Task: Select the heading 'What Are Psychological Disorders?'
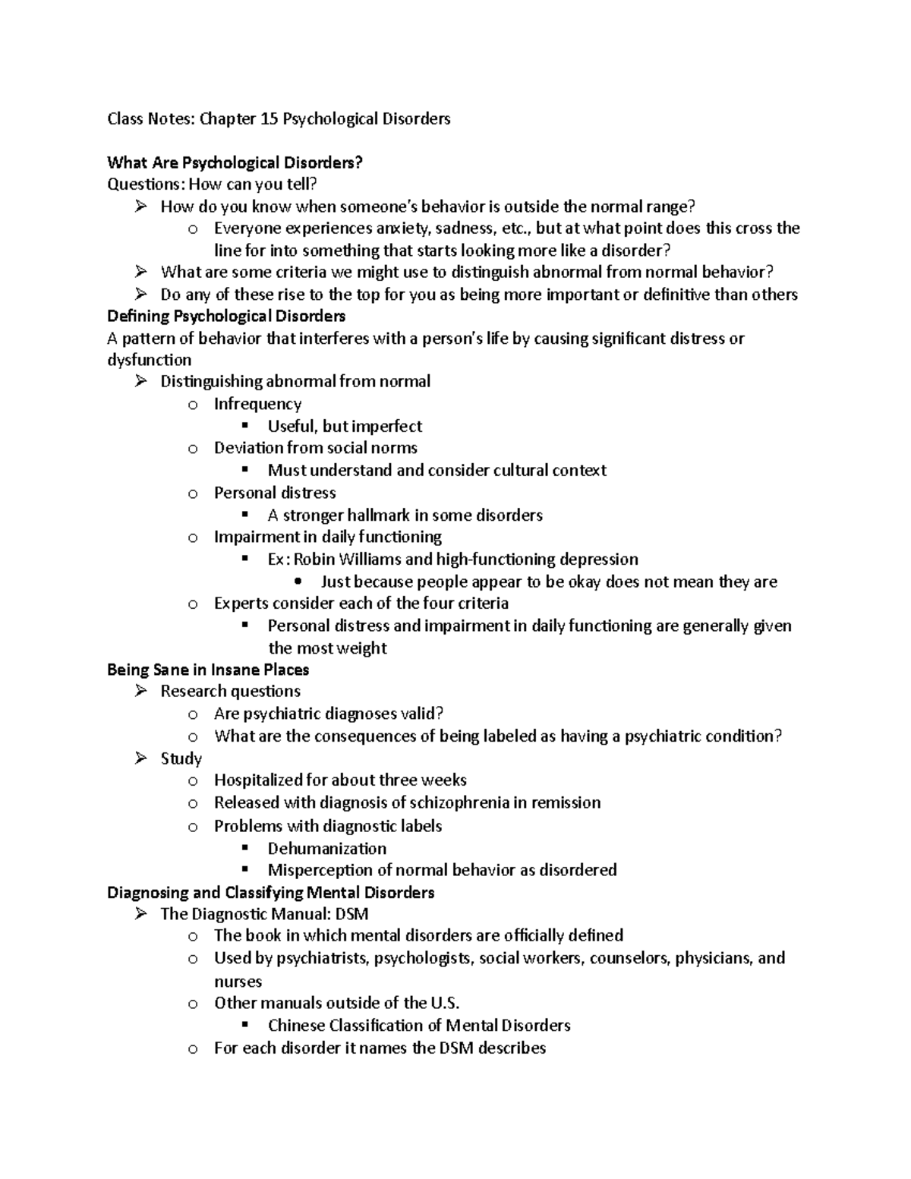point(235,162)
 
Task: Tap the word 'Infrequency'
point(257,404)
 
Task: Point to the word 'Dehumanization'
point(327,848)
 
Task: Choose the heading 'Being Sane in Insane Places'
point(208,670)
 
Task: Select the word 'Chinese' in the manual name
point(296,1026)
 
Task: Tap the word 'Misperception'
point(319,870)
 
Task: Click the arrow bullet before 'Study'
point(140,758)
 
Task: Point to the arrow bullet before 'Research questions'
point(140,691)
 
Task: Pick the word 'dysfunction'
point(149,360)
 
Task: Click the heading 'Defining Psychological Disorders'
point(226,316)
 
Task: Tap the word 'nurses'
point(238,981)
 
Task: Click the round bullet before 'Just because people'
point(298,582)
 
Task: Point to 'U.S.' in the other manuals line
point(444,1003)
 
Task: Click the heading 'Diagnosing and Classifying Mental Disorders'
point(271,892)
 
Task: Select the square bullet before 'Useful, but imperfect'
point(244,425)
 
